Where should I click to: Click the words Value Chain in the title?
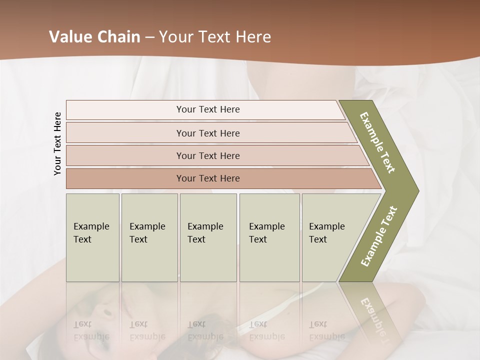click(x=94, y=37)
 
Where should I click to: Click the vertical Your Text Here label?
click(x=57, y=143)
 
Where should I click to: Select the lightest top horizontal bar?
click(x=150, y=110)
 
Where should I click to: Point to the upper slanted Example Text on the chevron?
click(x=377, y=142)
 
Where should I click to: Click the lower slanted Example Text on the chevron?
click(x=378, y=236)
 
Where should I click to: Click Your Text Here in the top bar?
click(x=208, y=109)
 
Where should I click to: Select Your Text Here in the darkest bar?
click(x=208, y=178)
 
